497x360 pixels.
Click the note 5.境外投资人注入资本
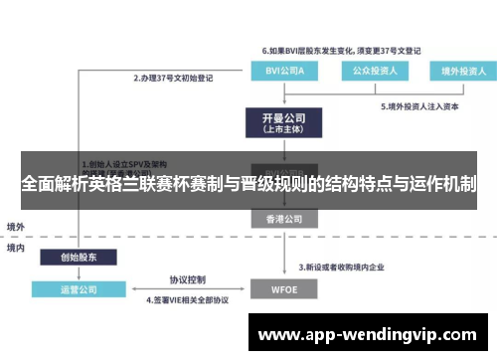pos(417,105)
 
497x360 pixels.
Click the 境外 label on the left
pos(16,227)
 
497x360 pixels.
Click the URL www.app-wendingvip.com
pos(367,335)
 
